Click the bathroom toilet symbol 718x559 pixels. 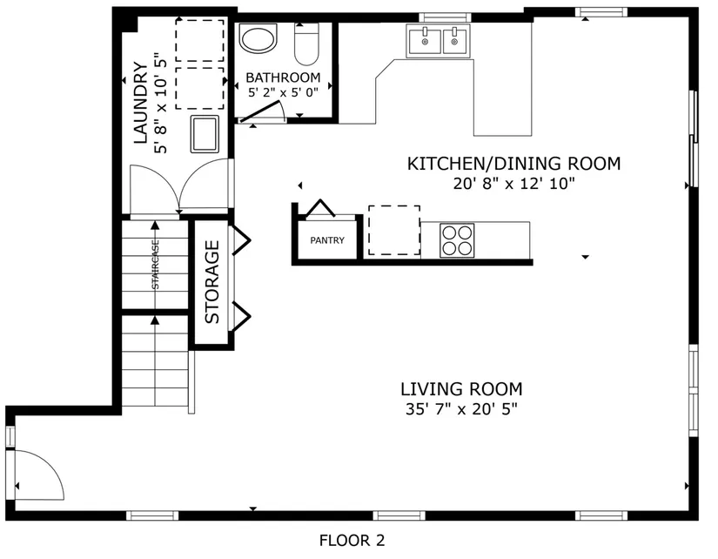click(x=306, y=44)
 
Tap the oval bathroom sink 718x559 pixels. click(x=258, y=38)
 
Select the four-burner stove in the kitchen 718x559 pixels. click(x=457, y=240)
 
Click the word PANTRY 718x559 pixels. click(x=327, y=240)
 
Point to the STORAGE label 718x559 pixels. click(x=212, y=282)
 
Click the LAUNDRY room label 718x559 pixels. click(x=141, y=103)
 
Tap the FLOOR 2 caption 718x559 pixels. click(x=352, y=541)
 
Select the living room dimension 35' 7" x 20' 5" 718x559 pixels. click(x=461, y=408)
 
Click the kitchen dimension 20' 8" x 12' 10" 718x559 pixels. click(x=513, y=184)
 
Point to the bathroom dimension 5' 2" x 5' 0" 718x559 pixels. click(x=283, y=92)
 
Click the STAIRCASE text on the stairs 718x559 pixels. click(x=155, y=265)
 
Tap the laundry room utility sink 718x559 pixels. click(x=205, y=134)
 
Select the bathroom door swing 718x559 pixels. click(x=264, y=112)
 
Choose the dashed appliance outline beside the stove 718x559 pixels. click(x=394, y=230)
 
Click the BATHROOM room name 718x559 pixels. click(x=283, y=77)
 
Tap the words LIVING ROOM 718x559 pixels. click(x=461, y=389)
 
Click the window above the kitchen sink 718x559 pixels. click(x=445, y=17)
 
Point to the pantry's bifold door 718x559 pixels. click(x=320, y=207)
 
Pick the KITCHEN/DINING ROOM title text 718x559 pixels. click(x=513, y=164)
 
